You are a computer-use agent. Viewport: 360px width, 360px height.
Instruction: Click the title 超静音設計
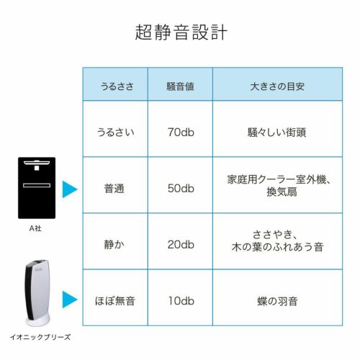coord(181,32)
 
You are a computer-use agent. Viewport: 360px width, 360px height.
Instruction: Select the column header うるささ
coord(117,86)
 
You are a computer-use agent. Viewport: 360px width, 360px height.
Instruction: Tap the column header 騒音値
coord(180,86)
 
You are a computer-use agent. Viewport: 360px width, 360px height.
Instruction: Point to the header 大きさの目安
coord(277,86)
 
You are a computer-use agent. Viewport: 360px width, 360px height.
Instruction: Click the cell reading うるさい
coord(115,132)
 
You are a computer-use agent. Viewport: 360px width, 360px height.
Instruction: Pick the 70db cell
coord(181,132)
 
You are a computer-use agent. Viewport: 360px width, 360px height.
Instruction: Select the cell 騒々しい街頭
coord(277,132)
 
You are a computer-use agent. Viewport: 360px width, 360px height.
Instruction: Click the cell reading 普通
coord(114,189)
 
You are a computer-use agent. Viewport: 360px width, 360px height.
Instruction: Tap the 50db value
coord(181,189)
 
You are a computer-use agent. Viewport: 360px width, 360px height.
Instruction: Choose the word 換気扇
coord(282,192)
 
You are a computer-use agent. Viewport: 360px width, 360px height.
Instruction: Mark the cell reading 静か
coord(114,245)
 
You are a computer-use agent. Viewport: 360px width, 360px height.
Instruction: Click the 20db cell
coord(181,245)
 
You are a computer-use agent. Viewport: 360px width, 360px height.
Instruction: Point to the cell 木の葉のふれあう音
coord(277,247)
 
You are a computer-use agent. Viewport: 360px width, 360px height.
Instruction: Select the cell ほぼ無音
coord(115,301)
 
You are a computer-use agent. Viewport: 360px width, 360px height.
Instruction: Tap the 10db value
coord(181,301)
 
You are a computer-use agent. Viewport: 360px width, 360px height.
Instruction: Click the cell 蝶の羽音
coord(277,301)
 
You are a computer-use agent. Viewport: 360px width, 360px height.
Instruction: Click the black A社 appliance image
coord(37,188)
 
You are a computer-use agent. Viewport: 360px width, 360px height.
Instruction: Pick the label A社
coord(35,228)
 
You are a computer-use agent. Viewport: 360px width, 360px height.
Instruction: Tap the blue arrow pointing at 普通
coord(70,189)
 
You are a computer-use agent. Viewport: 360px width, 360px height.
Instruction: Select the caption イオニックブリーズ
coord(40,337)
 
